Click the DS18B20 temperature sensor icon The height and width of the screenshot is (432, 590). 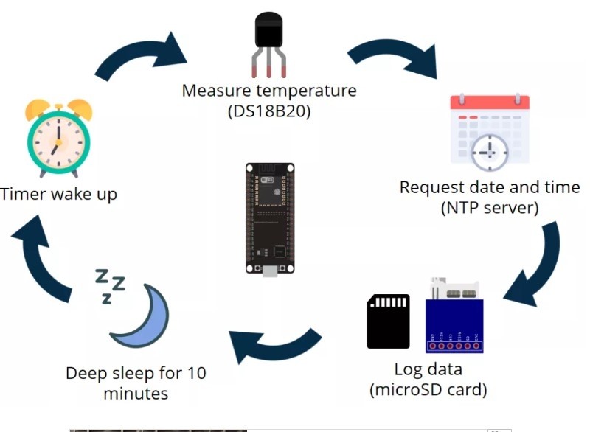[269, 41]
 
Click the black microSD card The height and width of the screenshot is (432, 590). [388, 321]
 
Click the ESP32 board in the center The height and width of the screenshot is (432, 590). [269, 218]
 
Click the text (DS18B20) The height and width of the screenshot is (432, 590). [269, 111]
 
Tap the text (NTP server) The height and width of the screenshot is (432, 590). [490, 208]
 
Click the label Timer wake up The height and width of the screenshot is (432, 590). [59, 195]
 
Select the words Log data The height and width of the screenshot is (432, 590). [428, 368]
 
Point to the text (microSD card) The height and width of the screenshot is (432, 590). [428, 389]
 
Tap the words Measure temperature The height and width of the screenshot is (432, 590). [269, 91]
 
